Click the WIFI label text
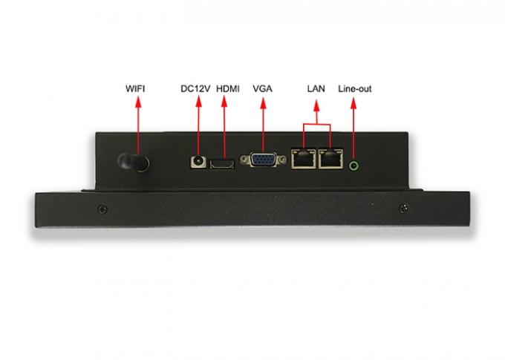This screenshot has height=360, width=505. (x=135, y=88)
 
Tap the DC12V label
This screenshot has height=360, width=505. (x=195, y=88)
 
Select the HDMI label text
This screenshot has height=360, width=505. (x=228, y=88)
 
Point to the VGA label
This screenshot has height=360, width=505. (x=262, y=88)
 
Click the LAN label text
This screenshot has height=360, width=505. (x=316, y=88)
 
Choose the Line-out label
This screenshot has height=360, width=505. (x=354, y=88)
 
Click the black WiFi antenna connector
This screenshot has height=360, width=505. (x=133, y=163)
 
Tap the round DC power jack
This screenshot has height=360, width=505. (x=198, y=161)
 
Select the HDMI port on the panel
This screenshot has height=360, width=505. (x=222, y=164)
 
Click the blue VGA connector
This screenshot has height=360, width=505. (x=263, y=160)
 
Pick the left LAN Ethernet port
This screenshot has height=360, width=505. (x=304, y=158)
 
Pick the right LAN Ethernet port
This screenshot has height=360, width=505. (x=330, y=158)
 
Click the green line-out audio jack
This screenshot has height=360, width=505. (x=354, y=166)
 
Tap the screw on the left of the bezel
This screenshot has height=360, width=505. (x=102, y=209)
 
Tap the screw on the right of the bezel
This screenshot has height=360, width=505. (x=403, y=209)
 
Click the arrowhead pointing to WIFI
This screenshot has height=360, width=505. (x=138, y=102)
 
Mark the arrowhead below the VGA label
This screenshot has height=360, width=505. (x=263, y=103)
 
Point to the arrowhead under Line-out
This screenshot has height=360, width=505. (x=353, y=103)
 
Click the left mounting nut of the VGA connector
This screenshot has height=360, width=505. (x=244, y=159)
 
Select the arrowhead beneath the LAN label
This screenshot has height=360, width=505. (x=316, y=105)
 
